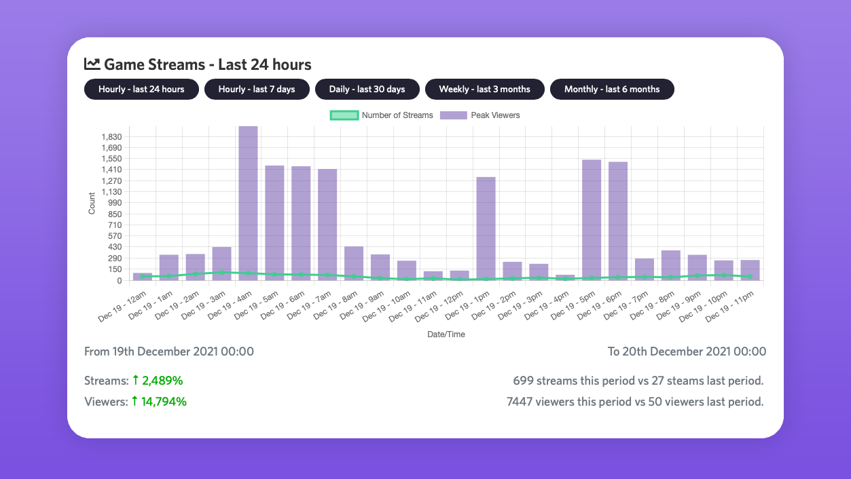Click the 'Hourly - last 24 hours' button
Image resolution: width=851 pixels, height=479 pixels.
(141, 90)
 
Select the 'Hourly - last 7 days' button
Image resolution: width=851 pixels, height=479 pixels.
(257, 90)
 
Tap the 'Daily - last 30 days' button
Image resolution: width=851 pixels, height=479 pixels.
(367, 90)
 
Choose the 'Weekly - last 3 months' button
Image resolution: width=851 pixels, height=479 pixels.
(484, 90)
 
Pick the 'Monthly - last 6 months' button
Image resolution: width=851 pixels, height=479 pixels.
(611, 90)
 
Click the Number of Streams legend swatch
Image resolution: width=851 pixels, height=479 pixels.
(344, 115)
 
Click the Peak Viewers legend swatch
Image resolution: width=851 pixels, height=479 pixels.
(453, 115)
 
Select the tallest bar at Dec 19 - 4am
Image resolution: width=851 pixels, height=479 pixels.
(248, 204)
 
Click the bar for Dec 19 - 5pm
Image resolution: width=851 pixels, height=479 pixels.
(592, 220)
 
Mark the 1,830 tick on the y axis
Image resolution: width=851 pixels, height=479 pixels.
(111, 136)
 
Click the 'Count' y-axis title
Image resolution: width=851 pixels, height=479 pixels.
(92, 204)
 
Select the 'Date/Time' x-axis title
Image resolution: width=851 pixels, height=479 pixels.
(446, 334)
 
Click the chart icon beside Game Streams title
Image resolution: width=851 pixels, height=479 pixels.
(92, 64)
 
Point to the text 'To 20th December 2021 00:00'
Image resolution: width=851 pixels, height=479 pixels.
(687, 351)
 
